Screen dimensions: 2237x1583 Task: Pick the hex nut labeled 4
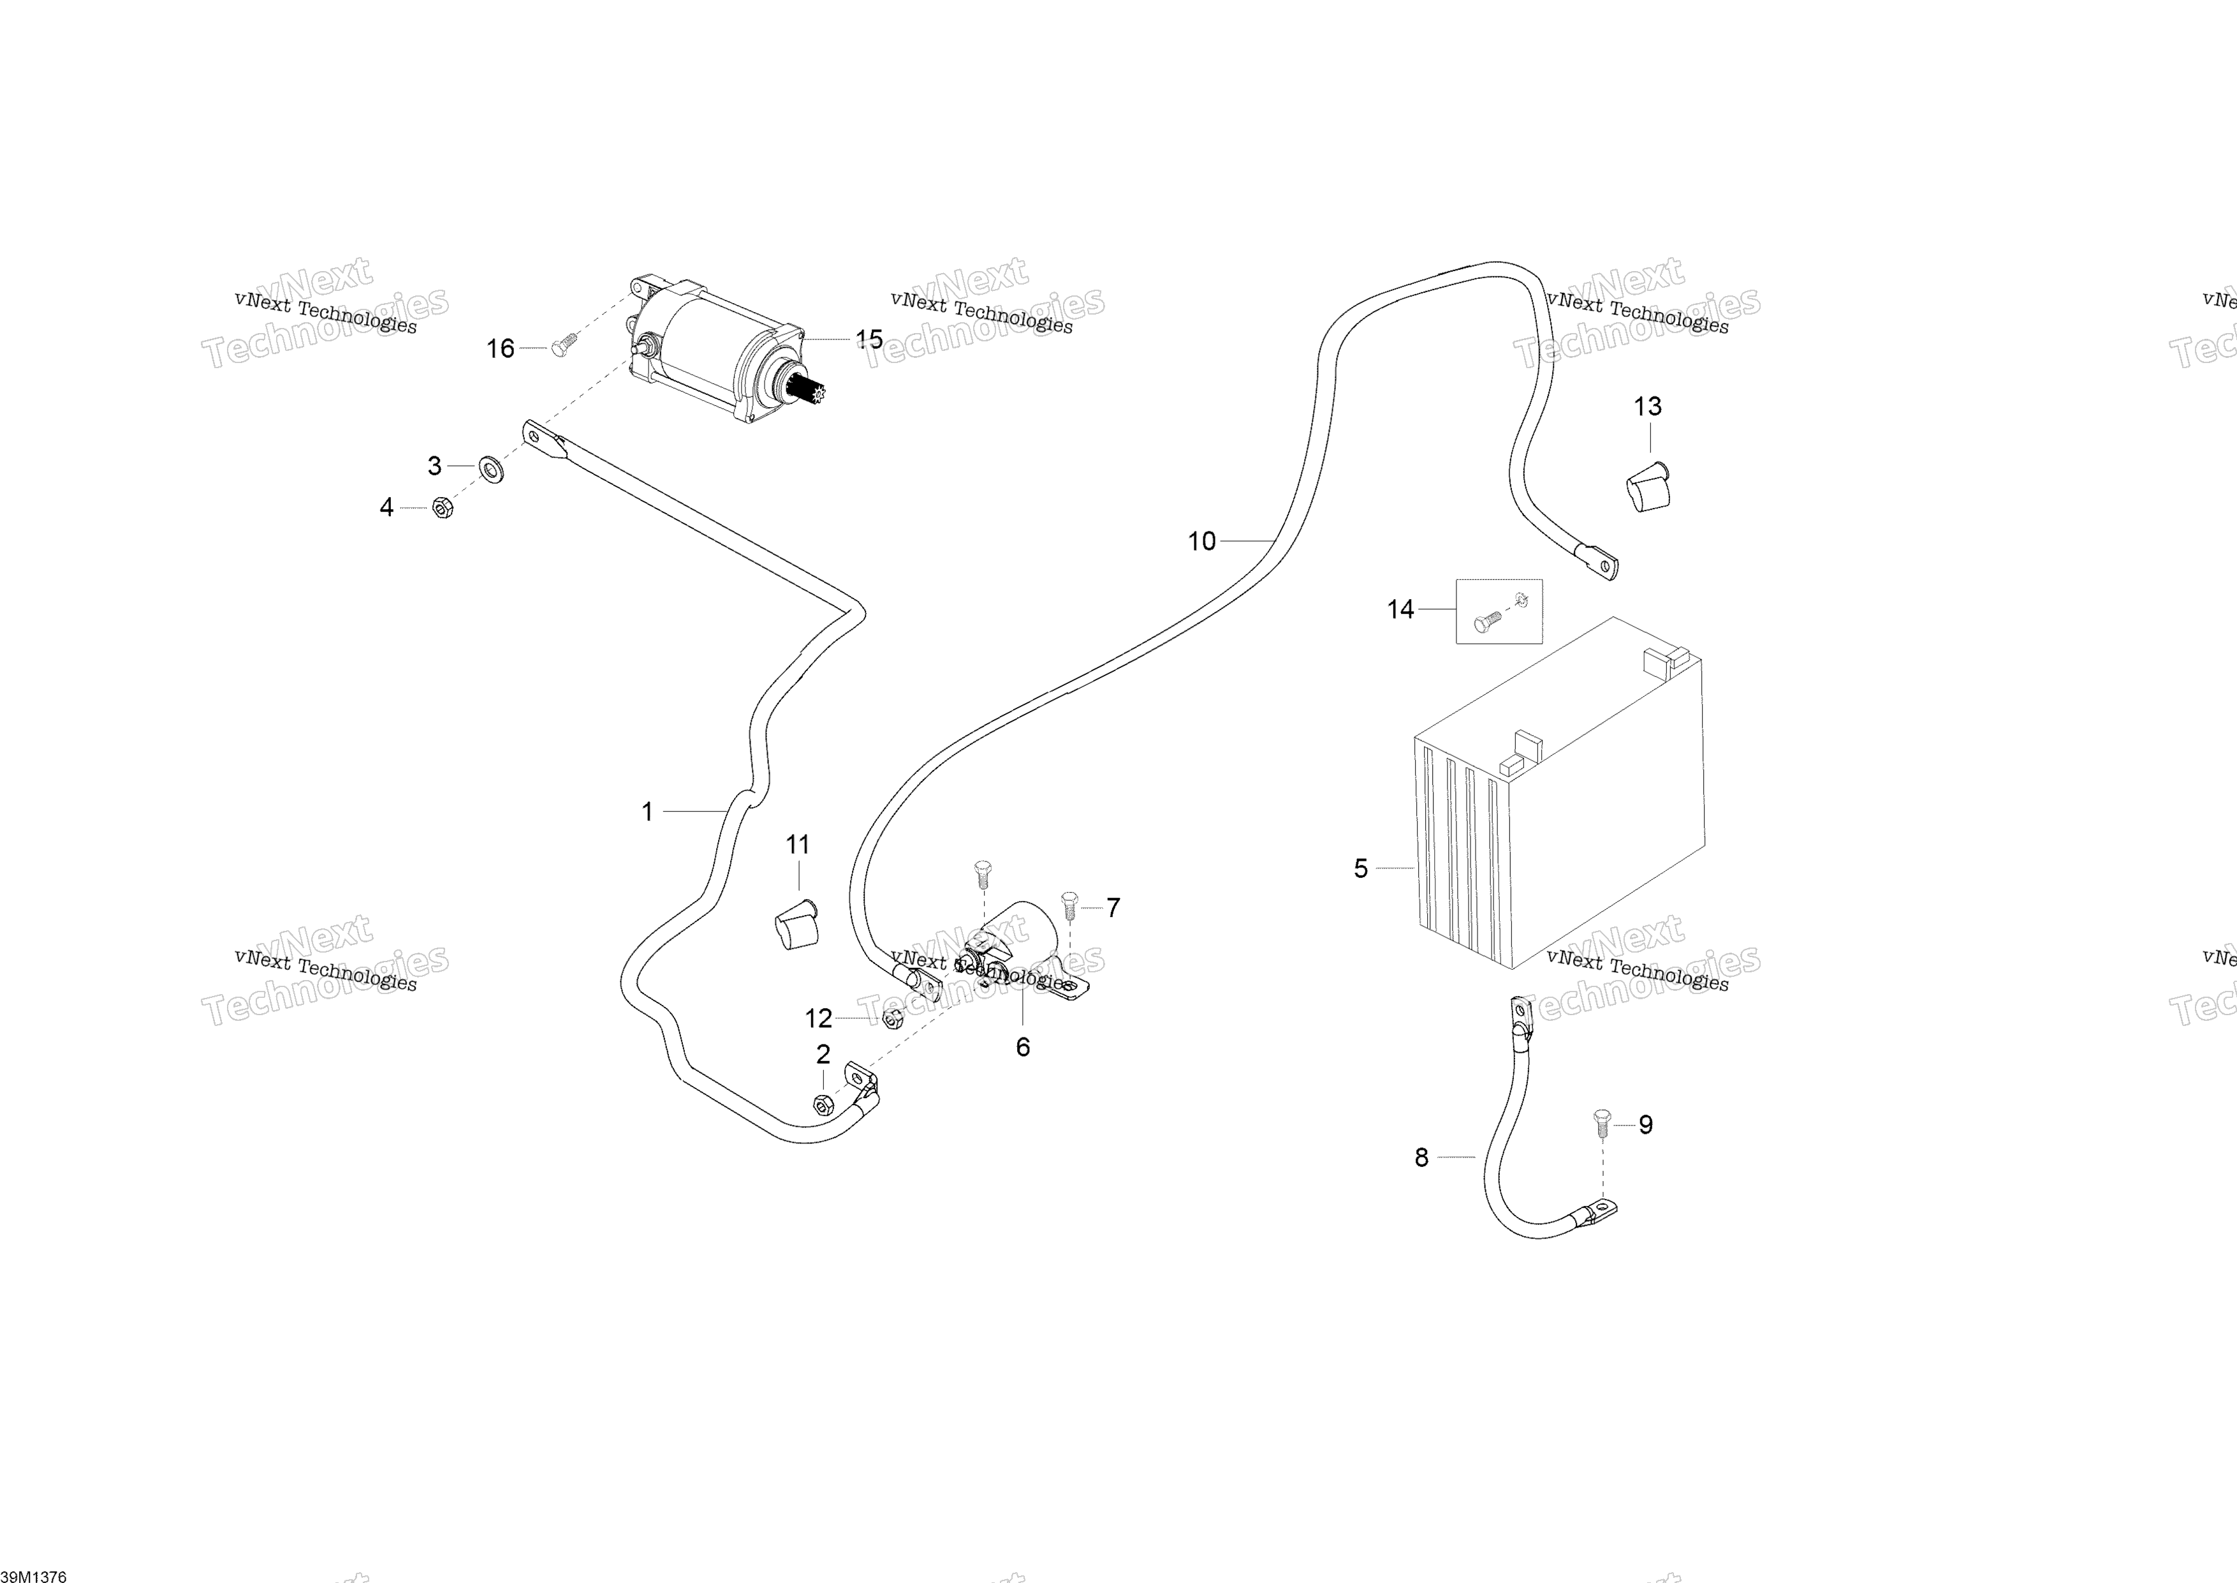coord(441,508)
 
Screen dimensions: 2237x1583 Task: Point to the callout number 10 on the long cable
coord(1201,541)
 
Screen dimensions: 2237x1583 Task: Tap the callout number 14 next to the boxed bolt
coord(1400,609)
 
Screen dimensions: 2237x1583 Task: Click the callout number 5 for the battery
coord(1361,868)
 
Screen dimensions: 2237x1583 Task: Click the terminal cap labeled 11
coord(796,924)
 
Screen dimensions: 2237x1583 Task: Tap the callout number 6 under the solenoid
coord(1023,1047)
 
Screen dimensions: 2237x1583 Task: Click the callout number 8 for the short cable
coord(1421,1158)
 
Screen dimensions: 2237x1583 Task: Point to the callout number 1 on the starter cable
coord(647,811)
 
